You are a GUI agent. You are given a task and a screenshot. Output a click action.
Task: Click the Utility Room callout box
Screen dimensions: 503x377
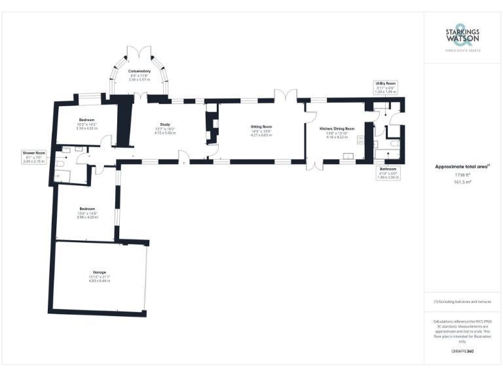385,88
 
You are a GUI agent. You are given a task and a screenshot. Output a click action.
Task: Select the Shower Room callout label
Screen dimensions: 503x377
33,158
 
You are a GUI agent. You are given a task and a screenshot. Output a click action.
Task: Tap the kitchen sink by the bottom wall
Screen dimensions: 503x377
348,156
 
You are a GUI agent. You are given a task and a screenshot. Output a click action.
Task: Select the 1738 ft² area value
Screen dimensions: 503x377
463,175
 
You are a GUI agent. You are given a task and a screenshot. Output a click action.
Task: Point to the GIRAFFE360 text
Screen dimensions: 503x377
462,352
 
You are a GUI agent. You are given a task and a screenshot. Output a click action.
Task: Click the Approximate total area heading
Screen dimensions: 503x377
462,167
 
